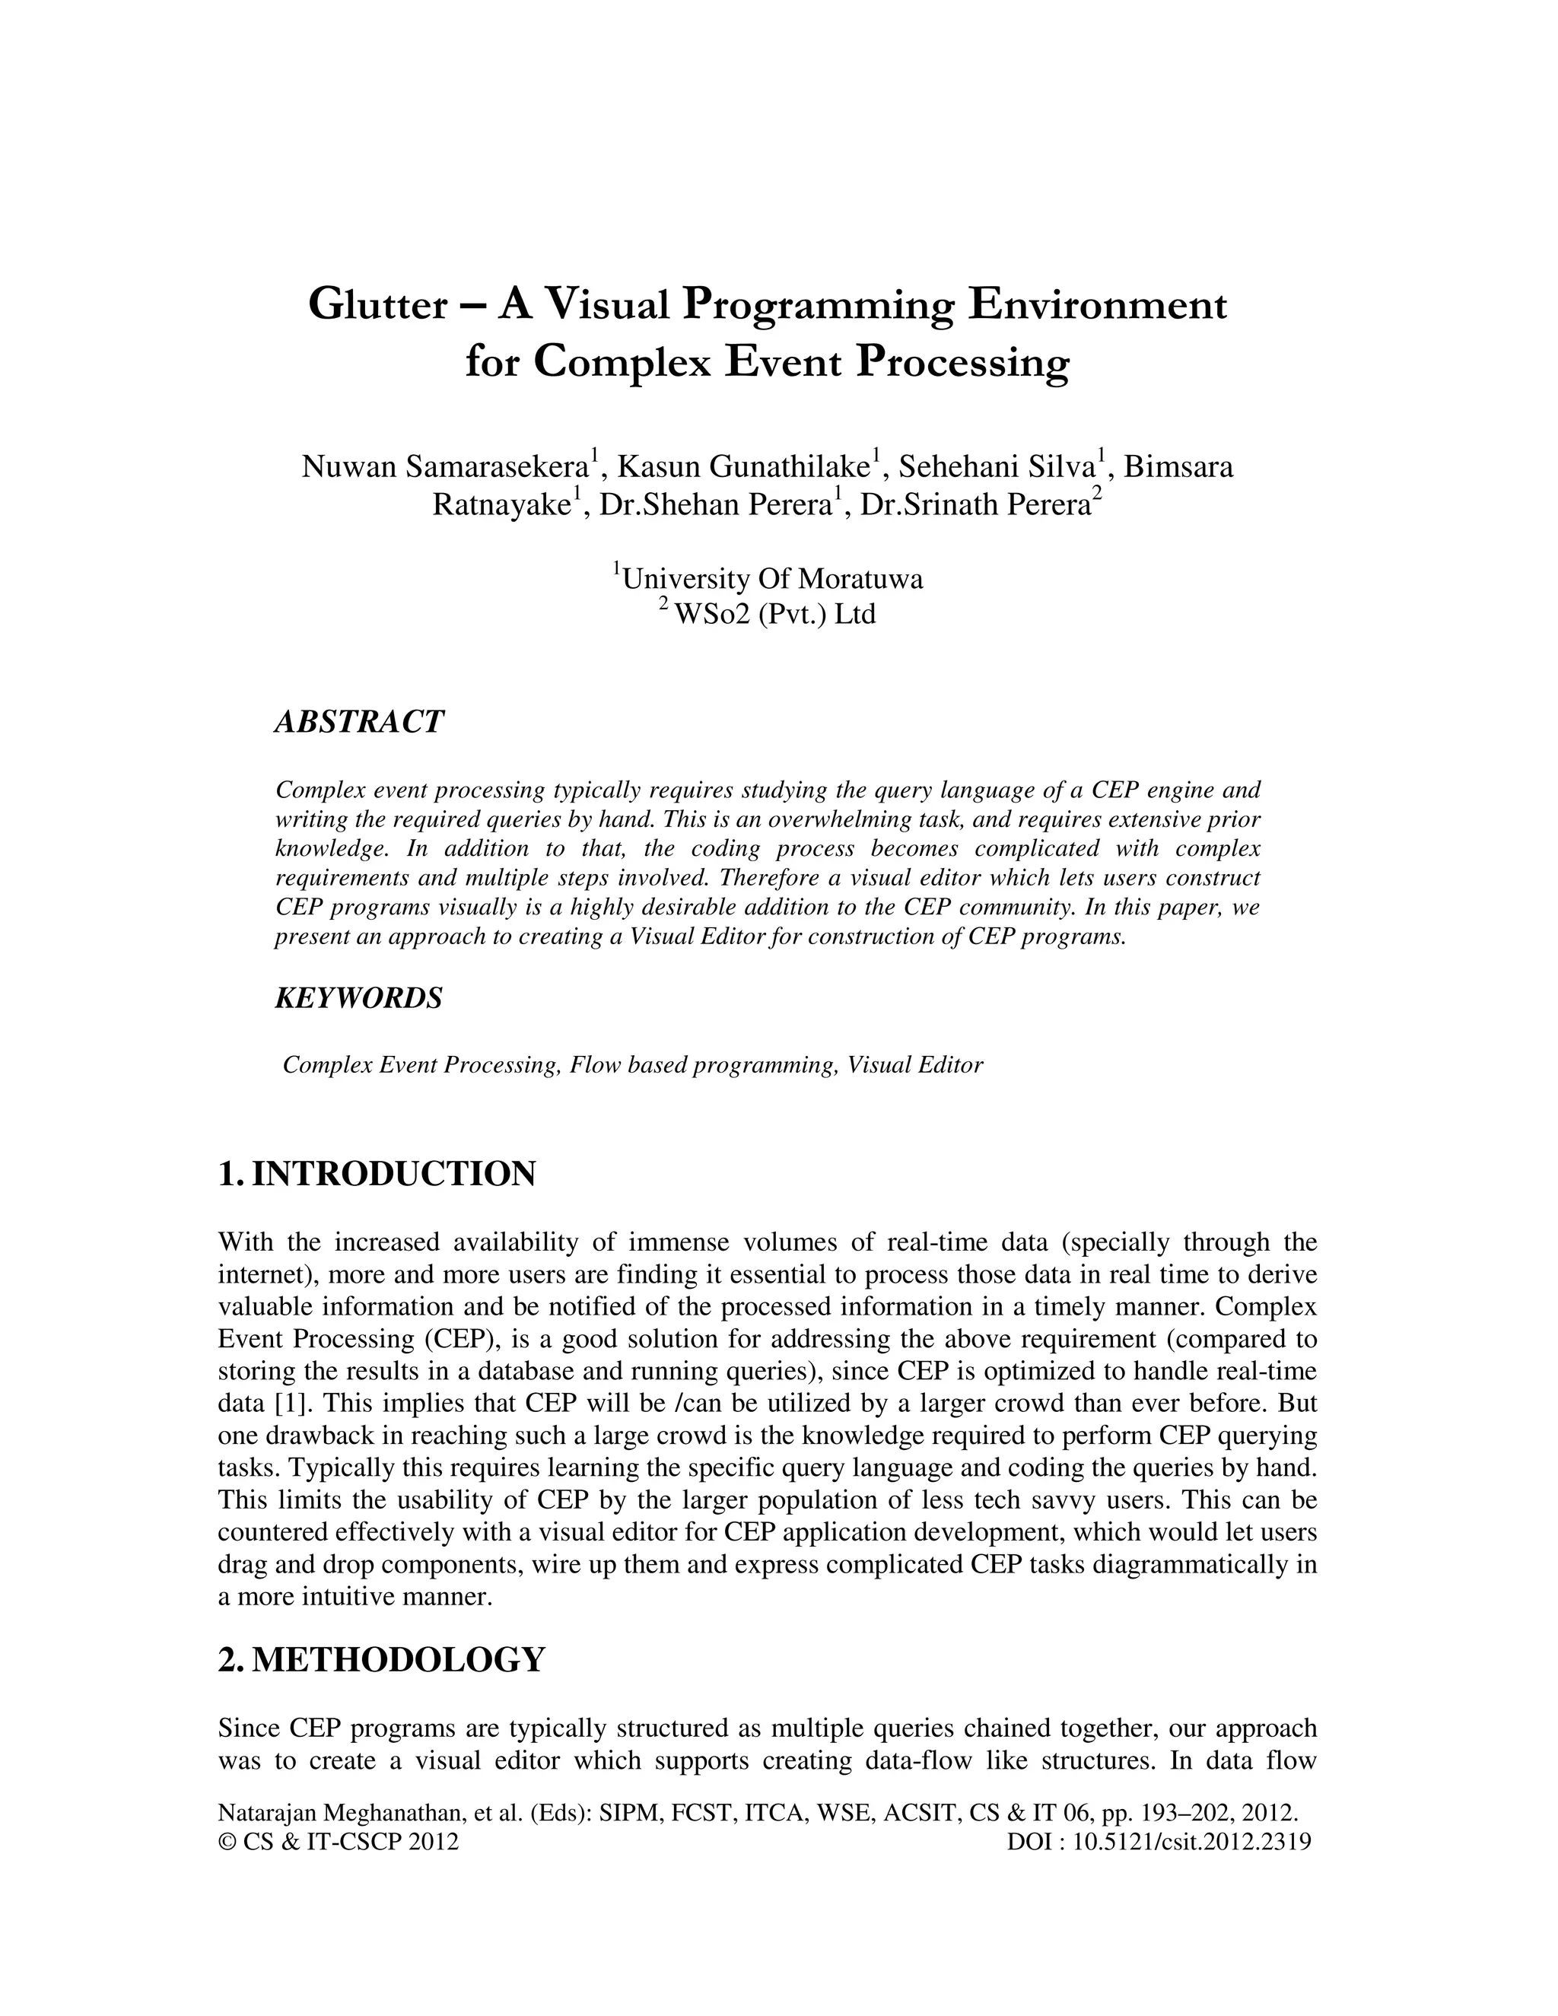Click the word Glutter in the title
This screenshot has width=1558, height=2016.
coord(377,304)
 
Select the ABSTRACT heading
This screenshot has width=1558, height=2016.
coord(359,722)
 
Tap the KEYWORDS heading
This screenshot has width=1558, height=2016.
coord(358,998)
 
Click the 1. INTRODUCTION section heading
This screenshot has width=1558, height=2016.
coord(377,1174)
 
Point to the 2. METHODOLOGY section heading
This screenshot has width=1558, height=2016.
coord(381,1658)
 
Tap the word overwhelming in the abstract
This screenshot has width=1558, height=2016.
coord(848,819)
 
